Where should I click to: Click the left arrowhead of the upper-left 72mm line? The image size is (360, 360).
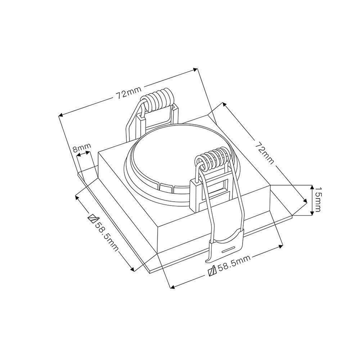click(60, 115)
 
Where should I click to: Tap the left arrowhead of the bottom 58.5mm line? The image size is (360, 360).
click(172, 287)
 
